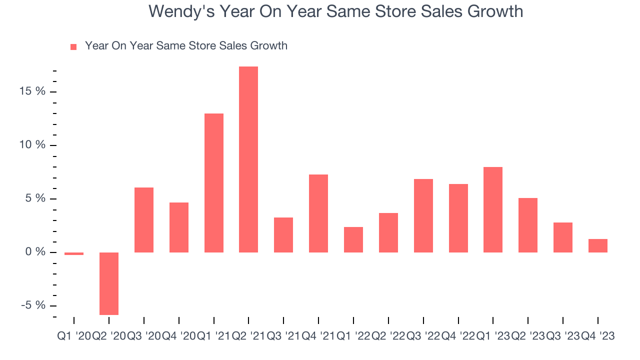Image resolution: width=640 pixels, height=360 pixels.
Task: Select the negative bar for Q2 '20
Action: click(109, 283)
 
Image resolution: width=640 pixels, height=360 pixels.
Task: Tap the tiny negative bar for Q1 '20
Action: click(74, 253)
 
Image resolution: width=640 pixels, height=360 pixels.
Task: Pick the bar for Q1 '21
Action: click(214, 182)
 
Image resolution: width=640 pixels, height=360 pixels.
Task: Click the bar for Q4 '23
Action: click(598, 245)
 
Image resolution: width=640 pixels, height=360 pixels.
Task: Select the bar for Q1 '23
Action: click(493, 209)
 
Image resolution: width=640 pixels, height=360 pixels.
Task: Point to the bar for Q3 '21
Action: click(283, 234)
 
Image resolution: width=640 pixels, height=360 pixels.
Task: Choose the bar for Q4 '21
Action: click(318, 213)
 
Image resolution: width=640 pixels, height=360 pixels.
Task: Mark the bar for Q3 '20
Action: click(144, 219)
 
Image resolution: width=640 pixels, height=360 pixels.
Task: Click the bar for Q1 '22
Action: click(353, 239)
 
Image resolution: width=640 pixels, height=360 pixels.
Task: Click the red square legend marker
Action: click(73, 46)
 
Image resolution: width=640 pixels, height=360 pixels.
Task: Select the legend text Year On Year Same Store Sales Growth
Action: click(186, 46)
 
